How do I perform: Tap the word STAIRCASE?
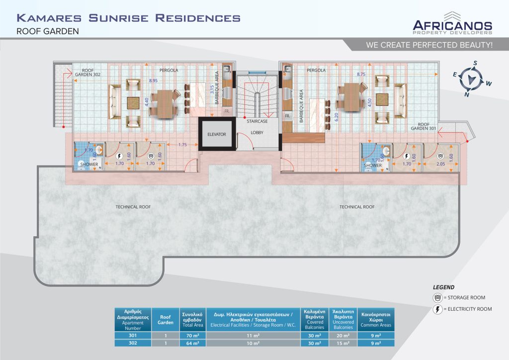point(257,121)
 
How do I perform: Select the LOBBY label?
point(257,133)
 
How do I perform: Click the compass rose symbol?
point(470,79)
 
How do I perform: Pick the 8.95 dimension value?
point(154,80)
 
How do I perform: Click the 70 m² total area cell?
point(191,335)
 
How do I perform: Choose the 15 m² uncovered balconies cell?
point(343,343)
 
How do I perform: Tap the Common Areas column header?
point(376,319)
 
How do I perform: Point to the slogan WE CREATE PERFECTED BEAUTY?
point(429,45)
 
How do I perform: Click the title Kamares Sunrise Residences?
point(129,19)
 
